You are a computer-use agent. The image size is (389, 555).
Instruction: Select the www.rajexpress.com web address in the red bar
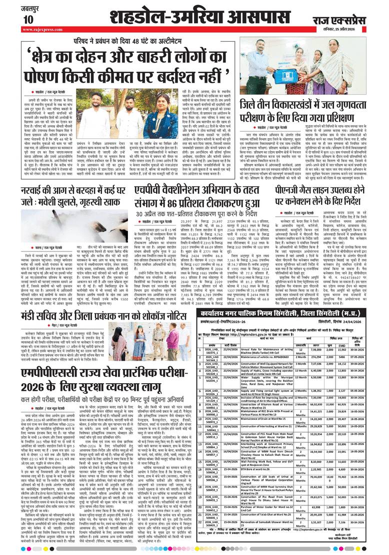(40, 30)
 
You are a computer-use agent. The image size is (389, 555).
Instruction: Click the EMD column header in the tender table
(343, 331)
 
